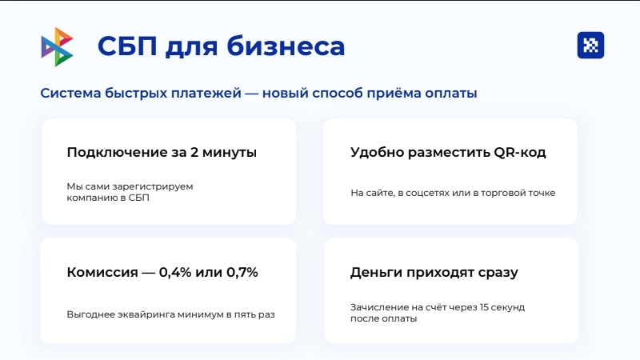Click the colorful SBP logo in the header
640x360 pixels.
tap(57, 46)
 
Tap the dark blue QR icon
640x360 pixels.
tap(590, 46)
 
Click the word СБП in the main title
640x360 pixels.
tap(126, 46)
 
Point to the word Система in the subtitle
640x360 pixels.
tap(70, 94)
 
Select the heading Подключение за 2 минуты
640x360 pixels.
tap(162, 152)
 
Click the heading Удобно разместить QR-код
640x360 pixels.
tap(448, 152)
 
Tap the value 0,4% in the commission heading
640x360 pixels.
tap(177, 272)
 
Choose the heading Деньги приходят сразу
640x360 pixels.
tap(434, 272)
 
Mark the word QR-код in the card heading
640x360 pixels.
tap(522, 152)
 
